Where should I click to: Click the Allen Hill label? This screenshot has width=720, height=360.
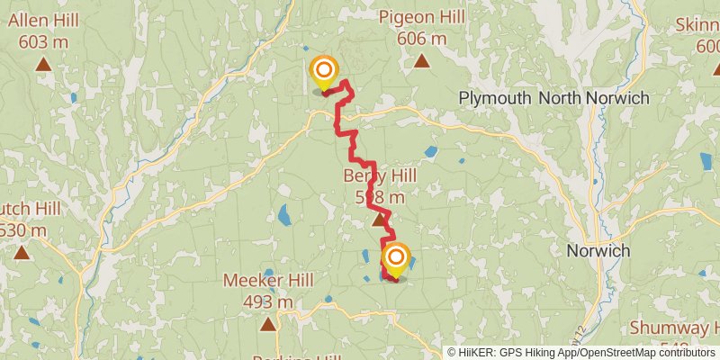(x=42, y=18)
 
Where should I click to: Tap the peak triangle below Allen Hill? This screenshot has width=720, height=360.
(x=42, y=64)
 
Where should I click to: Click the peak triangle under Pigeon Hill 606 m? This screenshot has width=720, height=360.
(x=421, y=61)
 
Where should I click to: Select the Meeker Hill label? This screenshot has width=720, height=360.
(x=267, y=280)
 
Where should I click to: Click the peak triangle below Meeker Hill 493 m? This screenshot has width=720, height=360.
(x=267, y=323)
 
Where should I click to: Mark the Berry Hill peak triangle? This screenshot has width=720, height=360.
(x=379, y=219)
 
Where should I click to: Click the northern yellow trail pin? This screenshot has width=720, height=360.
(x=324, y=72)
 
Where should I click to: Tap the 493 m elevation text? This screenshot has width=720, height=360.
(x=267, y=301)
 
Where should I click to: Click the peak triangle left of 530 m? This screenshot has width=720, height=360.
(x=21, y=253)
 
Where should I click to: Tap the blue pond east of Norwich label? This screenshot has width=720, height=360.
(x=706, y=161)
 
